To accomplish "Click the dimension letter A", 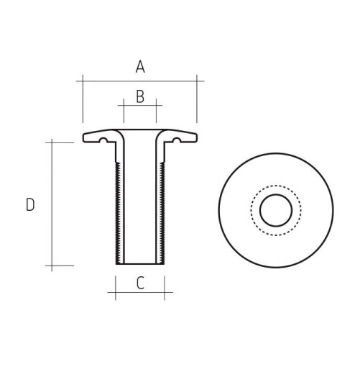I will click(140, 67).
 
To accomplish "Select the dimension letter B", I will click(140, 96).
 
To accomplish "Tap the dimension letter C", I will click(140, 283).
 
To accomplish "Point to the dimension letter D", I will click(30, 205).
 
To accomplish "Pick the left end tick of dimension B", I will click(124, 105).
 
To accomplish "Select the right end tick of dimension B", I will click(156, 105).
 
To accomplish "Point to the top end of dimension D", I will click(52, 142).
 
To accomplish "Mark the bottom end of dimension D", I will click(52, 265).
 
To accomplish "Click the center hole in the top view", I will click(275, 211).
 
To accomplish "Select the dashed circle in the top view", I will click(251, 211).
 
